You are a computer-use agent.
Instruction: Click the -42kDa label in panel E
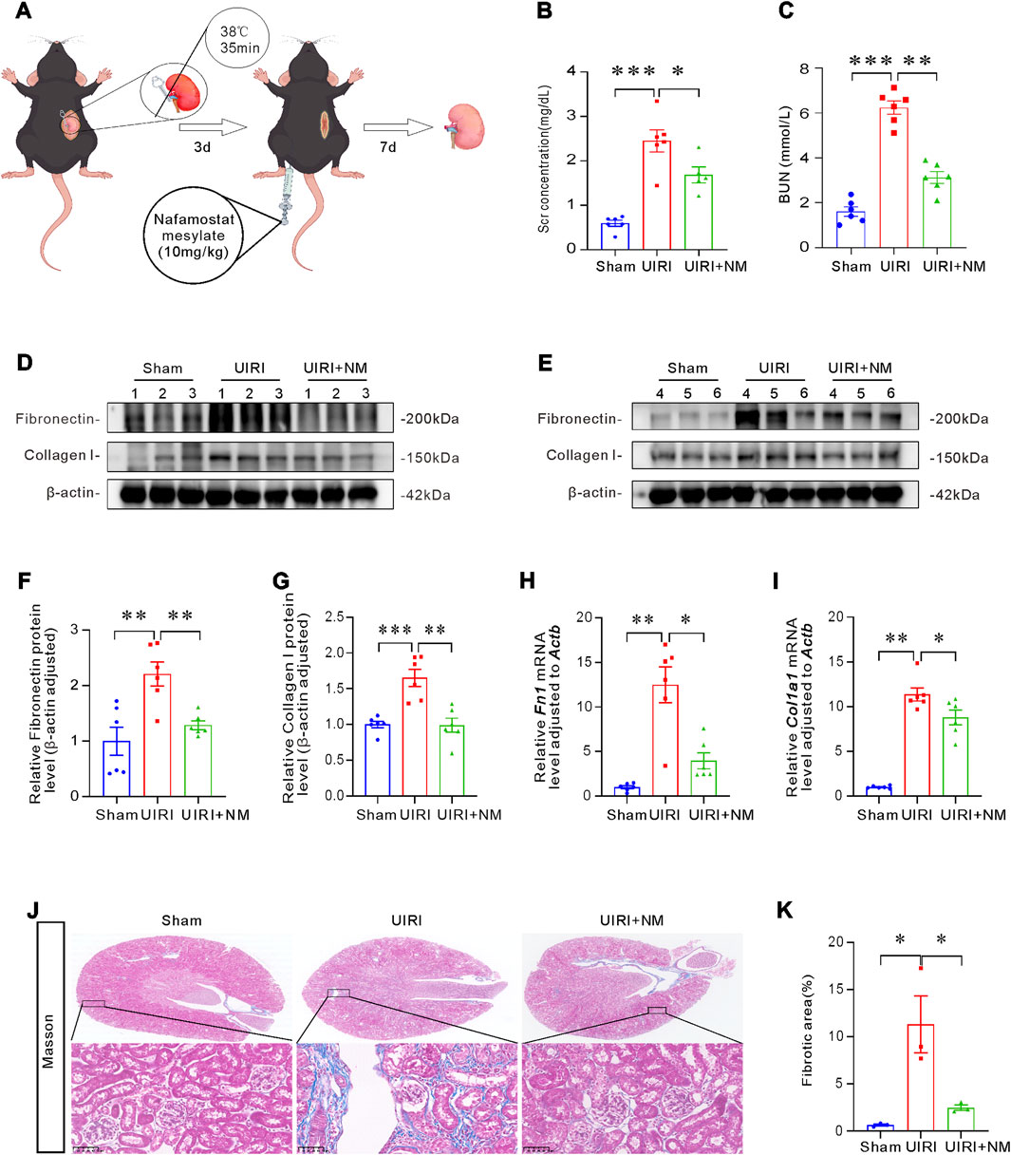(952, 494)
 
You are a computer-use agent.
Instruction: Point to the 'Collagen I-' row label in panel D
(63, 457)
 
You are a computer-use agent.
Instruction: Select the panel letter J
(33, 909)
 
